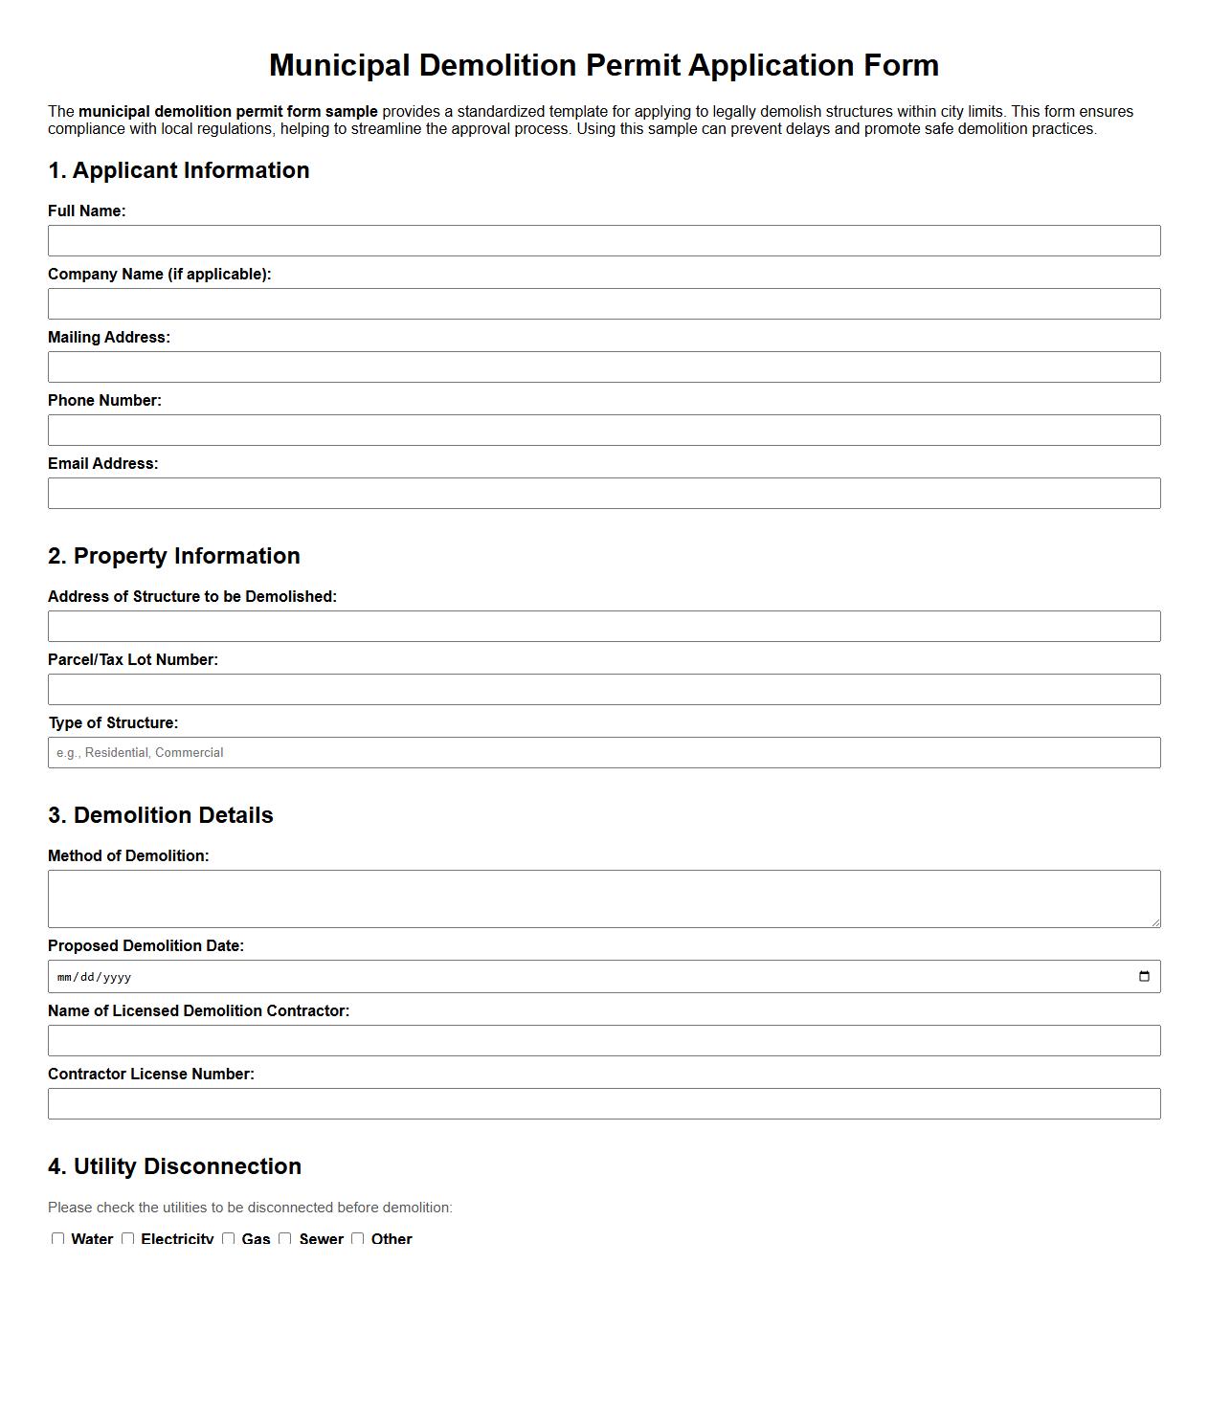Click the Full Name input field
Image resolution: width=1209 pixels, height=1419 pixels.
tap(604, 241)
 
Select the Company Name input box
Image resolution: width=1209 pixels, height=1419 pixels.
tap(604, 304)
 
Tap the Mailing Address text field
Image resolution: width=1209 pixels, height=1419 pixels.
tap(604, 367)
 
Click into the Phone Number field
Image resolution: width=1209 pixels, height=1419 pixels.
tap(604, 431)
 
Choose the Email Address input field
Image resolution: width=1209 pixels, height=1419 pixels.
tap(604, 494)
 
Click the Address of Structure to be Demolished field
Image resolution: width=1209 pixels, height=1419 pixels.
tap(604, 627)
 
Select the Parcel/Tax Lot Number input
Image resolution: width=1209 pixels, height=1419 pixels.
tap(604, 690)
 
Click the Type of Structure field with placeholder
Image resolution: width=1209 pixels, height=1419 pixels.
tap(604, 753)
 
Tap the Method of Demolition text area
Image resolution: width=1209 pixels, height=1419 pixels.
tap(604, 898)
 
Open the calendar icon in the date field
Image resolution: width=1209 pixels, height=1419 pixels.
tap(1144, 977)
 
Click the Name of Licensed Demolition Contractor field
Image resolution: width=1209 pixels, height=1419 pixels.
tap(604, 1041)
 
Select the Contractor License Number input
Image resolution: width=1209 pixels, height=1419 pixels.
tap(604, 1104)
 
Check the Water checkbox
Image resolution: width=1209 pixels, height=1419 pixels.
tap(58, 1239)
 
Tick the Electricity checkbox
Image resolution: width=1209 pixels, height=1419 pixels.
tap(128, 1239)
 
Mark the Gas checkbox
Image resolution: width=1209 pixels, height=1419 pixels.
tap(229, 1239)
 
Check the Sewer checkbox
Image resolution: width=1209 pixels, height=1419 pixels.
tap(285, 1239)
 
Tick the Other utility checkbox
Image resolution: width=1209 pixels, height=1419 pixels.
tap(358, 1239)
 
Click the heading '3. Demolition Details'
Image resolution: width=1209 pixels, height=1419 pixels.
tap(161, 815)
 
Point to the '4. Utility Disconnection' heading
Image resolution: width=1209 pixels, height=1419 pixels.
tap(174, 1166)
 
